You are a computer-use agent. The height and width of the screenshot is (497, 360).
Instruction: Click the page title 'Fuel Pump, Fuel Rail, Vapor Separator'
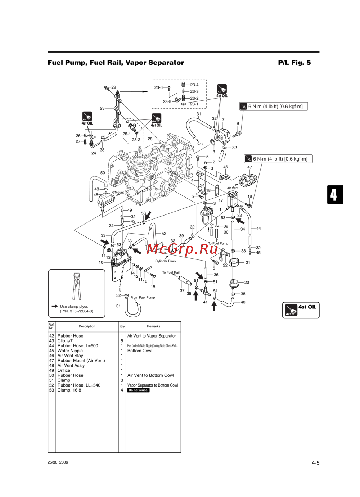116,63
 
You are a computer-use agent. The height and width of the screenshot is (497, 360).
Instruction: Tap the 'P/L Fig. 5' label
294,63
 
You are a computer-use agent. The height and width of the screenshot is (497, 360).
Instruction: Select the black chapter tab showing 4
334,195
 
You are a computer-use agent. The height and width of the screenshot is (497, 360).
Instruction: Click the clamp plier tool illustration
76,286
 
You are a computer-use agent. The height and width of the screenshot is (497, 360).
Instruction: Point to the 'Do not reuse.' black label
138,390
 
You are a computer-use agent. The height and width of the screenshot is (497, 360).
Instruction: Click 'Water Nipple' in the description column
70,351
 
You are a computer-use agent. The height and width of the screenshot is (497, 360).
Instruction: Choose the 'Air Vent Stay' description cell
70,356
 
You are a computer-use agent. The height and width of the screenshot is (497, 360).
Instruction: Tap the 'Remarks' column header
153,326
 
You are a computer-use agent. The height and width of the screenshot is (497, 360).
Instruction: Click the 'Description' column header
87,326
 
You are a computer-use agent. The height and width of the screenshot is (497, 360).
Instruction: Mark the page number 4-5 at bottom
315,463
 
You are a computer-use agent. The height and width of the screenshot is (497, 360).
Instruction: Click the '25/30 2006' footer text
58,462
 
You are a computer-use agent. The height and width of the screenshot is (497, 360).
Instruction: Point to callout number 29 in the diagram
114,87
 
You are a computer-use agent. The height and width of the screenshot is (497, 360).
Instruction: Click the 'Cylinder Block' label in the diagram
166,261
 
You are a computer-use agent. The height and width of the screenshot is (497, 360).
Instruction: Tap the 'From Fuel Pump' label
143,298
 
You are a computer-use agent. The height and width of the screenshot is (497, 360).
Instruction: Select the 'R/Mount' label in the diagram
117,193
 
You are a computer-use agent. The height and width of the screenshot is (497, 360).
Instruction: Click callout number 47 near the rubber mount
249,167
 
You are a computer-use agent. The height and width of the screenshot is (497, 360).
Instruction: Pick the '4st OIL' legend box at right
301,310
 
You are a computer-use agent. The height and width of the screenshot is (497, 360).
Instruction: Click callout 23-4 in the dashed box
194,85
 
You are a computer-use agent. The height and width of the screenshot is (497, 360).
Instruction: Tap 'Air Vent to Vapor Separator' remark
152,336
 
